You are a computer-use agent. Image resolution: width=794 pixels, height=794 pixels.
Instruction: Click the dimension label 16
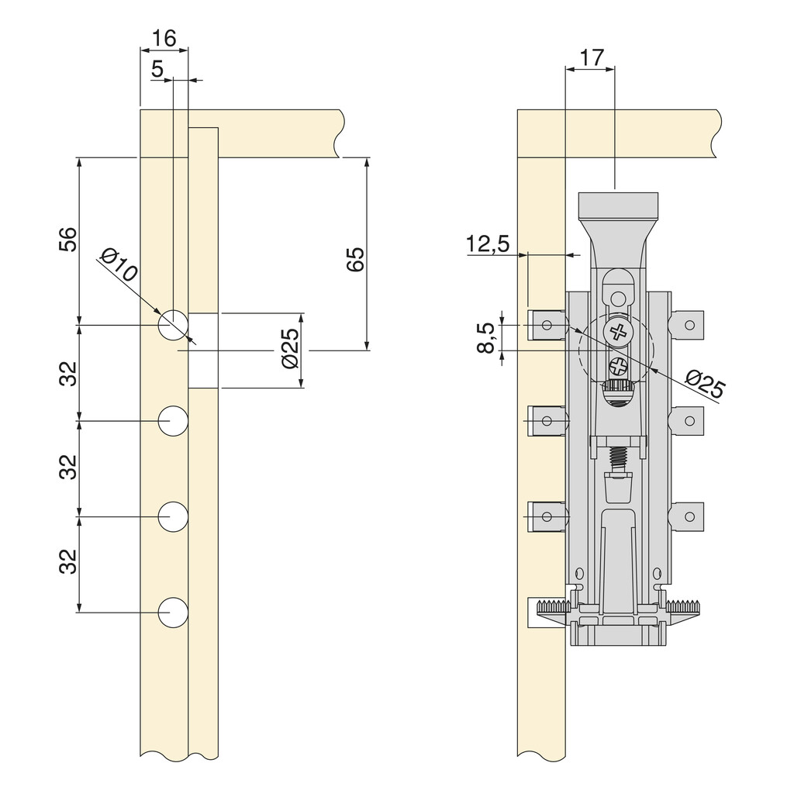point(164,38)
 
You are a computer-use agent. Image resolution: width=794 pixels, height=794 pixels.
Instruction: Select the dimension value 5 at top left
point(157,69)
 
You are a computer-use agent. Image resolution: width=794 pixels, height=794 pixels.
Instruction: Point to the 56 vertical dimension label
point(68,240)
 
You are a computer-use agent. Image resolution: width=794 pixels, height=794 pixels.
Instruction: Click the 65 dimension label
point(355,260)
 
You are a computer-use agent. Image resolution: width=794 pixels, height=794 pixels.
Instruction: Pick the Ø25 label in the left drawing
point(288,350)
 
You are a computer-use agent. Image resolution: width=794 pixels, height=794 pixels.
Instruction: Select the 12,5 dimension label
point(488,244)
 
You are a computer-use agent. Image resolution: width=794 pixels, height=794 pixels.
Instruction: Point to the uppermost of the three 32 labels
point(68,373)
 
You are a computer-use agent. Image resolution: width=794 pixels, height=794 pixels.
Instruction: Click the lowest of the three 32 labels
point(68,563)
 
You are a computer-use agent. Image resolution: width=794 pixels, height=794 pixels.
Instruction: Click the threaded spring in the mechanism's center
point(617,457)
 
